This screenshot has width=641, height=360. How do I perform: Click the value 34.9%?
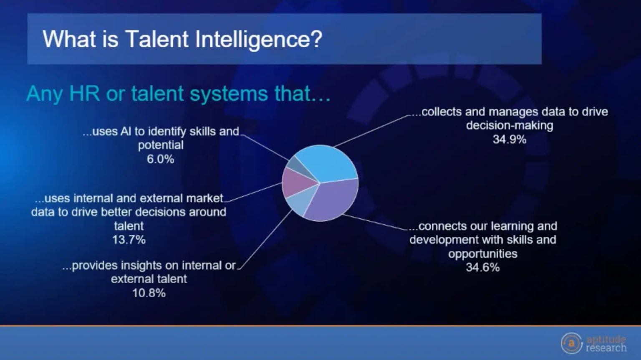(509, 139)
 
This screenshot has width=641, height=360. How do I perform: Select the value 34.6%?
(482, 267)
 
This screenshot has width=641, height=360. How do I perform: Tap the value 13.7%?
(129, 240)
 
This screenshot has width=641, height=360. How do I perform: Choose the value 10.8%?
(149, 293)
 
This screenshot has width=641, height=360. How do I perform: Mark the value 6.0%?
(160, 159)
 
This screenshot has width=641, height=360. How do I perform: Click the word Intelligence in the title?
(259, 39)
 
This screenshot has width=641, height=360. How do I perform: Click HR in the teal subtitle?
(84, 94)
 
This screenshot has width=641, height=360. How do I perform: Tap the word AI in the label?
(126, 132)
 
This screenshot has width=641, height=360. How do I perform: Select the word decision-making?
(510, 126)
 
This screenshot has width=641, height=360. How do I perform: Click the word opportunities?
(482, 254)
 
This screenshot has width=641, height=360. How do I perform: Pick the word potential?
(161, 145)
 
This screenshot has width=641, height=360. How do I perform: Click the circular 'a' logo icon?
(571, 343)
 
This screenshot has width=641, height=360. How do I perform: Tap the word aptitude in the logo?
(606, 339)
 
